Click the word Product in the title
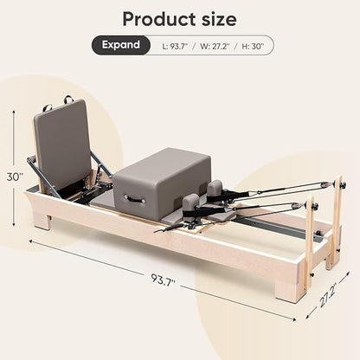click(x=155, y=20)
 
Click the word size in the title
click(x=214, y=19)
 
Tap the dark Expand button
click(x=121, y=45)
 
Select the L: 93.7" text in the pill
click(x=175, y=46)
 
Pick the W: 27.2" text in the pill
click(x=215, y=46)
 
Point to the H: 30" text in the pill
click(x=253, y=46)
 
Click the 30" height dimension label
click(x=15, y=177)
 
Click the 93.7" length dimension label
click(x=163, y=279)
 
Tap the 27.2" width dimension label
click(x=327, y=296)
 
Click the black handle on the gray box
click(x=134, y=199)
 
